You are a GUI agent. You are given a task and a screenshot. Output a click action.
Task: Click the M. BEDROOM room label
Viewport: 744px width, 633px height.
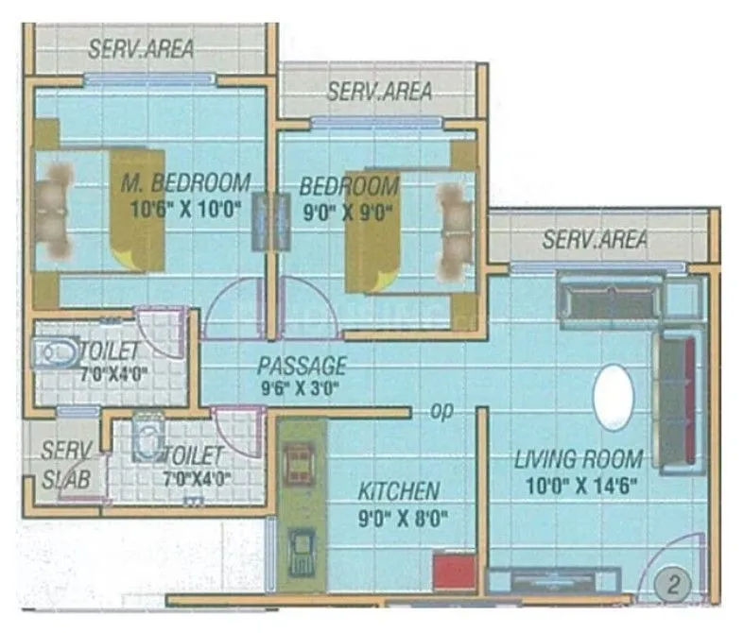pos(186,181)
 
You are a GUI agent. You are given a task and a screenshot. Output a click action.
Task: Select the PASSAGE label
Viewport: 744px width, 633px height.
pos(303,366)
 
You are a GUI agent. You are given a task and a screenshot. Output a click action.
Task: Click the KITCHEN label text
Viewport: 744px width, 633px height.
pos(398,490)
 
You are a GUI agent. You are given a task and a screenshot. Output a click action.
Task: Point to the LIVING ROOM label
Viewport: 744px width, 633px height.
pos(579,460)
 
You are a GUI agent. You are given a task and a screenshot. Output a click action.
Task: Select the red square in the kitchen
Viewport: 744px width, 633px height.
pos(453,573)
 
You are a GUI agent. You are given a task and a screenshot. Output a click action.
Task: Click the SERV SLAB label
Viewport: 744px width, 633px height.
pos(67,465)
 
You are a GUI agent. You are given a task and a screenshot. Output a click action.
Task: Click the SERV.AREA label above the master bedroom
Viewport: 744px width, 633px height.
pos(141,48)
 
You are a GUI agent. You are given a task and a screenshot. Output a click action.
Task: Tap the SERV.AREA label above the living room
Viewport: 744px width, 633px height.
pos(595,239)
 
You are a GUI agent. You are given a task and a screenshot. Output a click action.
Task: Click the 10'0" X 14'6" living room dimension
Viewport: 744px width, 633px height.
pos(579,487)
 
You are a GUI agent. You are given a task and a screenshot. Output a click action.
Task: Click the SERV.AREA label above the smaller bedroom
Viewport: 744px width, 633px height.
pos(379,91)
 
